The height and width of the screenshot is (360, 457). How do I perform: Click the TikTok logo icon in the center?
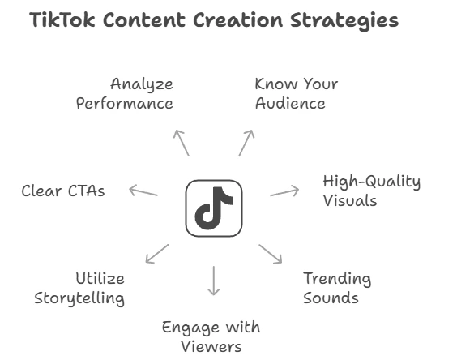tap(214, 208)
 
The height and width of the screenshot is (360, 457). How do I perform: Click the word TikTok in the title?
tap(62, 20)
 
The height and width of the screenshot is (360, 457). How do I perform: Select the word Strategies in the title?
tap(344, 21)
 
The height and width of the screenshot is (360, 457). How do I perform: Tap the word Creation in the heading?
tap(238, 20)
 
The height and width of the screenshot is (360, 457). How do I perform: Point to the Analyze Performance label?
tap(125, 93)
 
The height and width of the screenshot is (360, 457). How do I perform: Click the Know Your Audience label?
tap(297, 93)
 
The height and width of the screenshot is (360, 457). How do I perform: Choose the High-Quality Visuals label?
tap(372, 191)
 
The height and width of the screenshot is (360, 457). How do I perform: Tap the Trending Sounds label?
tap(337, 288)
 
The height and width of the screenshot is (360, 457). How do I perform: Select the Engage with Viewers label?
tap(211, 336)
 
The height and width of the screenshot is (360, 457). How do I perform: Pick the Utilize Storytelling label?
tap(79, 289)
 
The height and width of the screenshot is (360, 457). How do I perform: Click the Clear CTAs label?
tap(63, 191)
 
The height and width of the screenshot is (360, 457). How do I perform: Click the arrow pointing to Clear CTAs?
tap(143, 191)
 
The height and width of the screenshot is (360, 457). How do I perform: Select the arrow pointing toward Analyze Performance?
tap(182, 143)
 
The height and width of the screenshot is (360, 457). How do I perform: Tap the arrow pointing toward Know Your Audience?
tap(246, 143)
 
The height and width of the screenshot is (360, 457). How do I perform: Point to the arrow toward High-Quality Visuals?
tap(284, 191)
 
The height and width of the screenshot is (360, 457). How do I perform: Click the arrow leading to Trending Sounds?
tap(271, 254)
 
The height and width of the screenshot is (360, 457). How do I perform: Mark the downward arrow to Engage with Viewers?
tap(214, 281)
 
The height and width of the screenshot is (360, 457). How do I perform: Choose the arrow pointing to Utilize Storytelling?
tap(157, 254)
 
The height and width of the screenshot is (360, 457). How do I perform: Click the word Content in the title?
tap(144, 20)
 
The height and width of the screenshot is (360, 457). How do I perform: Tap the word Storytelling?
tap(79, 298)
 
